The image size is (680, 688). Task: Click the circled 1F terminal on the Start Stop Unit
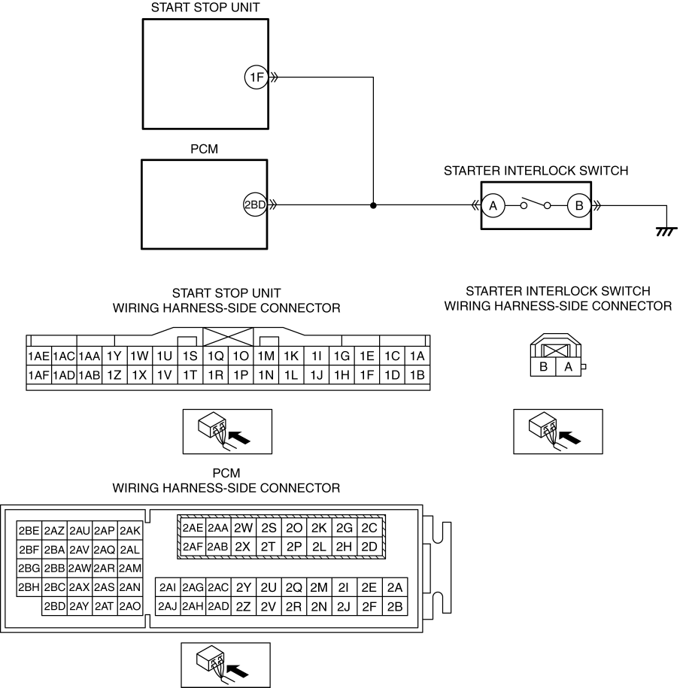pyautogui.click(x=256, y=77)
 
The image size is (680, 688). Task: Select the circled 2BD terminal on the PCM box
pyautogui.click(x=255, y=205)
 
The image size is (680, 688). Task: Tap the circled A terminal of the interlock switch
pyautogui.click(x=493, y=205)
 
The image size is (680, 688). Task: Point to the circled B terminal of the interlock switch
pyautogui.click(x=579, y=205)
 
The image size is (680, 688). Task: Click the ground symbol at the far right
pyautogui.click(x=666, y=232)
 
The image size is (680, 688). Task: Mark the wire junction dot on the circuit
pyautogui.click(x=373, y=205)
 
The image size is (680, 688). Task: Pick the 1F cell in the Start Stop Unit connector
pyautogui.click(x=366, y=375)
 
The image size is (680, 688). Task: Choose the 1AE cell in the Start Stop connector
pyautogui.click(x=38, y=356)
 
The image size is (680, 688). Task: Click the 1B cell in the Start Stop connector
pyautogui.click(x=417, y=375)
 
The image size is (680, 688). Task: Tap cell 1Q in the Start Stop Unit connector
pyautogui.click(x=216, y=356)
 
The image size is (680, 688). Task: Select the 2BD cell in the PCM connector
pyautogui.click(x=54, y=606)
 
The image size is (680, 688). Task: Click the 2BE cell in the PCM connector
pyautogui.click(x=29, y=531)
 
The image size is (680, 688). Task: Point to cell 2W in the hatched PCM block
pyautogui.click(x=243, y=528)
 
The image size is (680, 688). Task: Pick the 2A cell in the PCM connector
pyautogui.click(x=395, y=587)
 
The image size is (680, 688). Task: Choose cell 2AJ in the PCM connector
pyautogui.click(x=168, y=606)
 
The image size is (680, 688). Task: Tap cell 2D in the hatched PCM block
pyautogui.click(x=369, y=547)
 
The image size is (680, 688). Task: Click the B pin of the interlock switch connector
pyautogui.click(x=543, y=367)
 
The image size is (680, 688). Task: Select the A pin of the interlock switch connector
pyautogui.click(x=568, y=367)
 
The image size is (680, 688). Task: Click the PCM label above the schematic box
pyautogui.click(x=204, y=149)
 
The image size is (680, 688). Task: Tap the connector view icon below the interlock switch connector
pyautogui.click(x=558, y=432)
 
